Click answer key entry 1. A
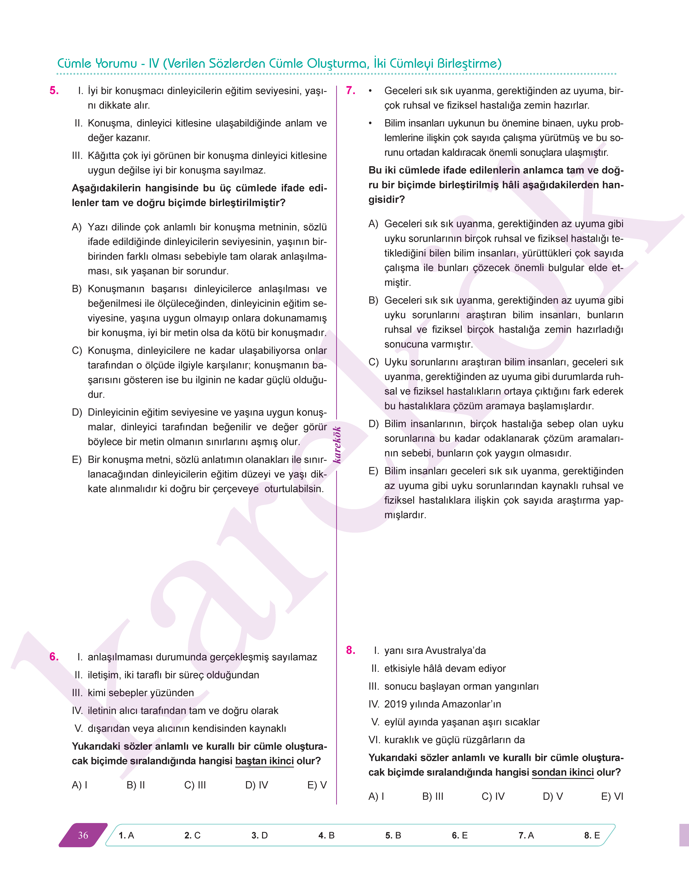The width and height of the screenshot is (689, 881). click(126, 835)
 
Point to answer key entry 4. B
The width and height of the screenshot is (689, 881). click(326, 835)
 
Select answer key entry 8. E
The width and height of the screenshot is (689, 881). click(592, 835)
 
